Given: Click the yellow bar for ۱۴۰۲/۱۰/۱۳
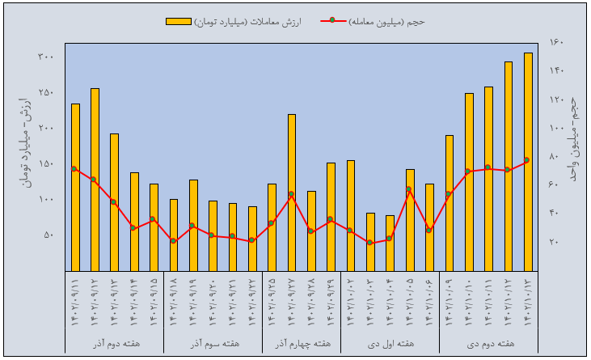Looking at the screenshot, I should click(528, 162).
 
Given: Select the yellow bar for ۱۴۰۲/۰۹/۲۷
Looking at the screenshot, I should click(292, 193).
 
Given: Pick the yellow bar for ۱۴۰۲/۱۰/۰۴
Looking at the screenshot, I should click(390, 243).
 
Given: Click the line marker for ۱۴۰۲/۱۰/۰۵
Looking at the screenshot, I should click(410, 189).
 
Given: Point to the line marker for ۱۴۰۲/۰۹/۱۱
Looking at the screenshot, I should click(74, 169).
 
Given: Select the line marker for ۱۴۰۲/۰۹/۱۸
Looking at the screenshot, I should click(173, 240).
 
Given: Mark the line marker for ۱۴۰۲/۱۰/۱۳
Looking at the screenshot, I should click(528, 160).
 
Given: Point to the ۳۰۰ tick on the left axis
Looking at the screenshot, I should click(45, 57).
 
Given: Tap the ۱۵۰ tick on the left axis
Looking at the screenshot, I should click(45, 163).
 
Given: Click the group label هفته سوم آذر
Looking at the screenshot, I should click(213, 343).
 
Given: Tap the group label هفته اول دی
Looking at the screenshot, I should click(390, 343).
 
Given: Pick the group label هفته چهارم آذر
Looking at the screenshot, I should click(302, 343).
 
